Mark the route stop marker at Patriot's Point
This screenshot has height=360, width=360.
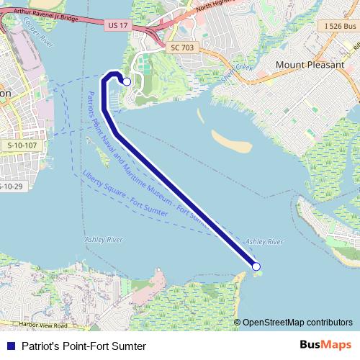[x=127, y=82]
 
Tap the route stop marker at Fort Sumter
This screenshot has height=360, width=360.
[x=256, y=267]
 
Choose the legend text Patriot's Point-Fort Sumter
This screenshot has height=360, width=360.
[x=84, y=346]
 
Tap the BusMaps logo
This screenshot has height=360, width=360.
[x=324, y=345]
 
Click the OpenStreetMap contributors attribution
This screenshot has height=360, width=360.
[x=297, y=322]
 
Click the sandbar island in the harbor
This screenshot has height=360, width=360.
[x=231, y=141]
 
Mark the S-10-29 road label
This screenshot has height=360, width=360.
[x=10, y=186]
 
